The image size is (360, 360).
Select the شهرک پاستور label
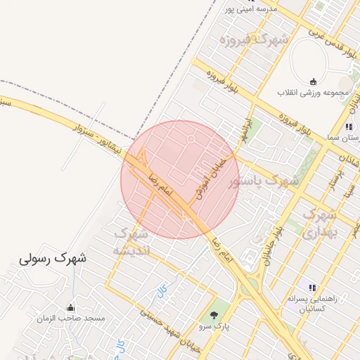(x=264, y=182)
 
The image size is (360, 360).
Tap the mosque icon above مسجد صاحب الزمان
(x=70, y=308)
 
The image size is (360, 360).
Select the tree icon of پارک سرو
(x=214, y=315)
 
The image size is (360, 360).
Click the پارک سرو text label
(x=214, y=327)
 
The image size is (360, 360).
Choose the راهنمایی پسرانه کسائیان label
(x=311, y=304)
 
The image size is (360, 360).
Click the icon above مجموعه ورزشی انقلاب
(x=312, y=82)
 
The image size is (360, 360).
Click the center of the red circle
(x=180, y=180)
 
